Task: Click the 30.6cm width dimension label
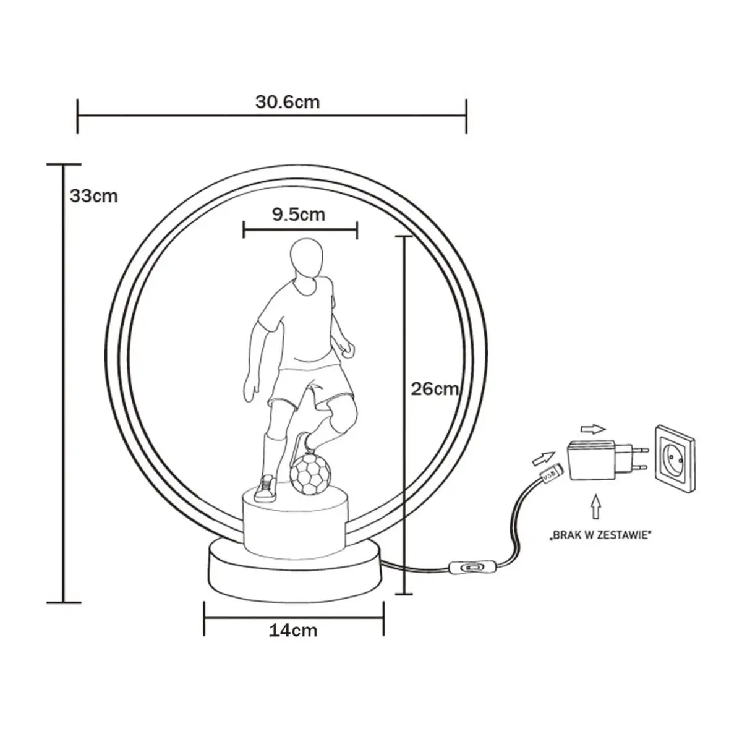[x=288, y=102]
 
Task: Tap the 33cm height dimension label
[x=93, y=196]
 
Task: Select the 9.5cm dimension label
[x=299, y=215]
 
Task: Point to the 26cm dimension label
[x=435, y=389]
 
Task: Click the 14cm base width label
[x=293, y=630]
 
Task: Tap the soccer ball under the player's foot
[x=310, y=474]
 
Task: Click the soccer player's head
[x=307, y=257]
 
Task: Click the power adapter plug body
[x=591, y=459]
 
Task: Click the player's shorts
[x=309, y=386]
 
